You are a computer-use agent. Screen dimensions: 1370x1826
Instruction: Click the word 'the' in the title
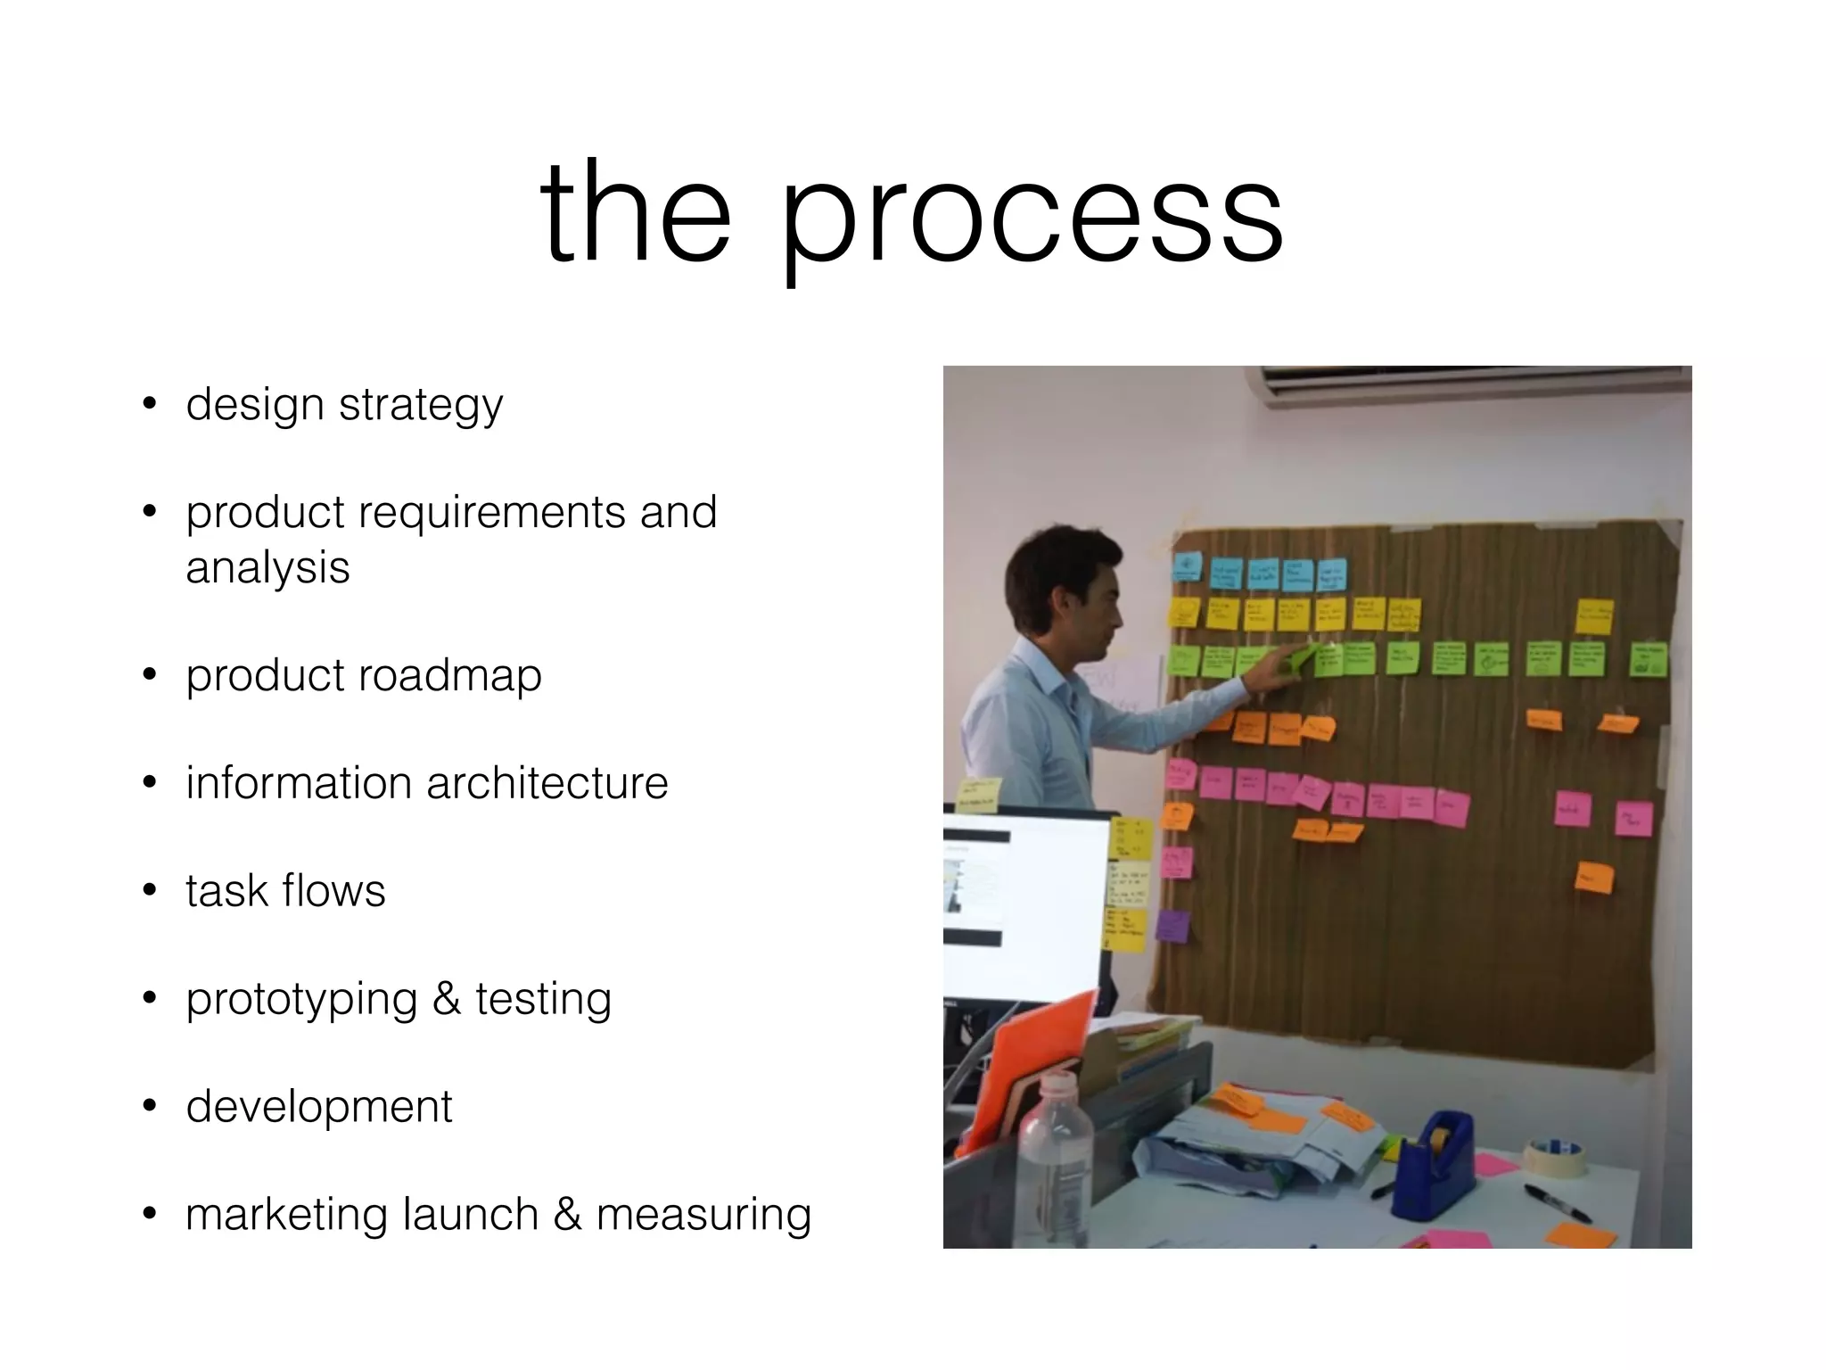(635, 214)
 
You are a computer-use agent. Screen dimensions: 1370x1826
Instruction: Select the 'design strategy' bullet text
(344, 405)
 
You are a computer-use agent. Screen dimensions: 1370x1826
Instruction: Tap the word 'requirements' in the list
(492, 513)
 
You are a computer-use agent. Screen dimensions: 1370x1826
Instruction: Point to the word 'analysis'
(267, 567)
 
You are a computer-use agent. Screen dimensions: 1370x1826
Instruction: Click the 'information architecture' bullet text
(426, 783)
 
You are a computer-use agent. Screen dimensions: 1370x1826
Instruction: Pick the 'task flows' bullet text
(285, 891)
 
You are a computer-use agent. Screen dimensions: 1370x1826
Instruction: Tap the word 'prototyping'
(301, 1000)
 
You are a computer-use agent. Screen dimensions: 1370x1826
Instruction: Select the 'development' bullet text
(319, 1107)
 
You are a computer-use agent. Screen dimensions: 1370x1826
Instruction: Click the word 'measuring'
(703, 1215)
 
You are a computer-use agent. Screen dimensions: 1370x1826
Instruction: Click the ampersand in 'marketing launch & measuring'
(567, 1215)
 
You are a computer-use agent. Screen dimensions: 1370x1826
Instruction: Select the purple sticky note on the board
(1172, 926)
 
